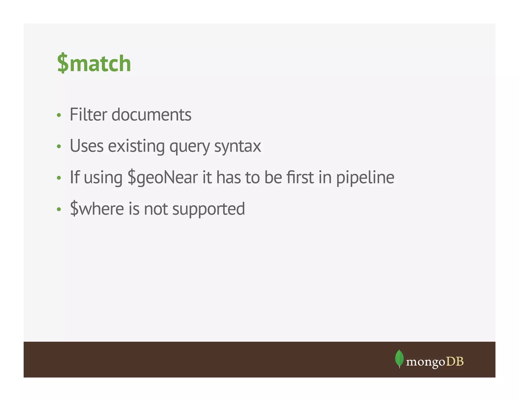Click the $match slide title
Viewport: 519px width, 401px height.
94,63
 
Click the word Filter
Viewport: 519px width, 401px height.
88,115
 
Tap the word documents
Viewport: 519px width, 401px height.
151,115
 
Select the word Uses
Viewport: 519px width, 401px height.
87,146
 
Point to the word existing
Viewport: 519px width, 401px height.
136,146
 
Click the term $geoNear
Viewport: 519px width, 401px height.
162,177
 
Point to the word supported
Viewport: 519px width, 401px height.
209,209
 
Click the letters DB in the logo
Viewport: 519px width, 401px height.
455,361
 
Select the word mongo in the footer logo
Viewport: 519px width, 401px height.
425,362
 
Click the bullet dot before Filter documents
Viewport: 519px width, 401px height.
59,115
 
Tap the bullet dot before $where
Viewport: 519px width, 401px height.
59,209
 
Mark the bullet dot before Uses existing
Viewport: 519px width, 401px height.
59,147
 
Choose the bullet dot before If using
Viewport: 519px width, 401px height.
59,178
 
